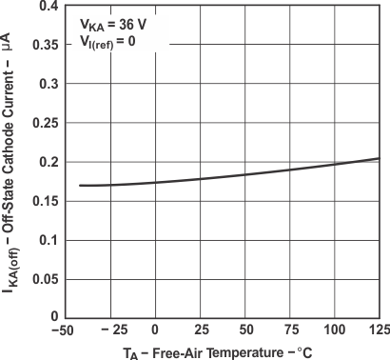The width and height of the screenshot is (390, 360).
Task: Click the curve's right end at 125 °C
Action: [x=379, y=159]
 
